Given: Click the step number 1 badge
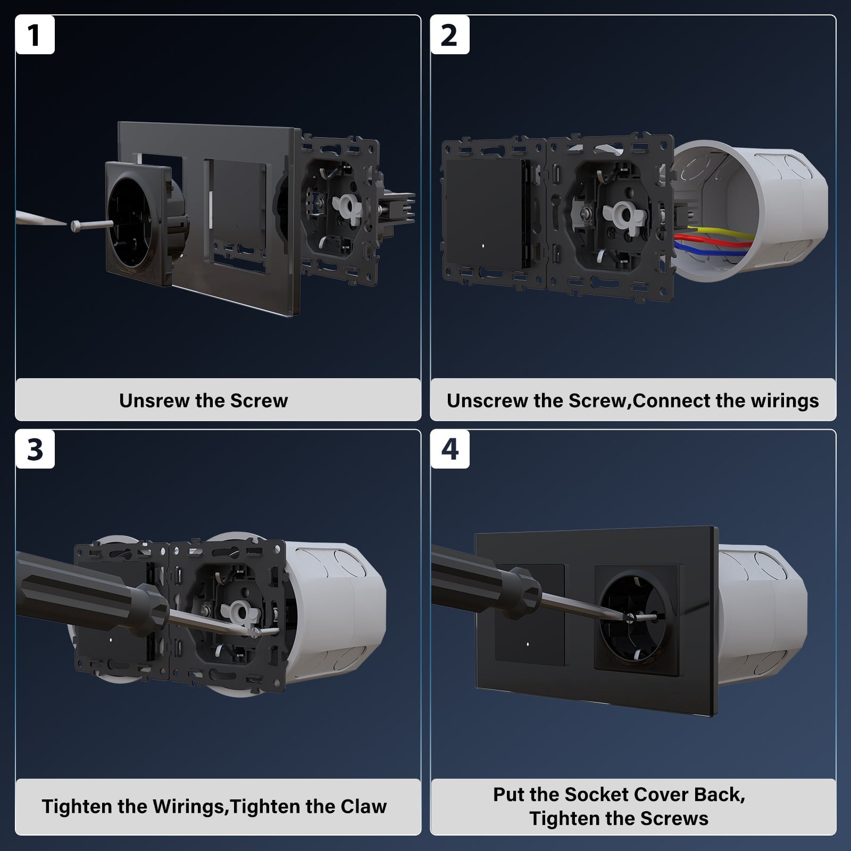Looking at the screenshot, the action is click(x=35, y=35).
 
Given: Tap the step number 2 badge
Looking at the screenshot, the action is click(x=450, y=35).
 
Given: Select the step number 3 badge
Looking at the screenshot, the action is click(x=35, y=449).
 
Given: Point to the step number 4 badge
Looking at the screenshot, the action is click(x=450, y=449).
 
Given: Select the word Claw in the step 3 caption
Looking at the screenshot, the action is click(x=364, y=806).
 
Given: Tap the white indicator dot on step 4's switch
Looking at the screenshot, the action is click(x=527, y=644).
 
